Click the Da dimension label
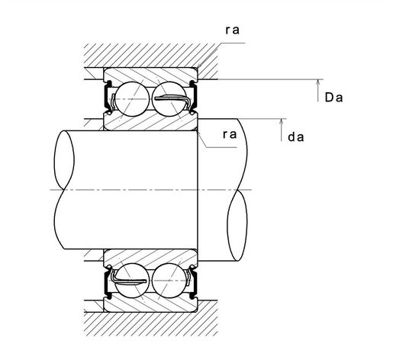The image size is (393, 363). pos(333,98)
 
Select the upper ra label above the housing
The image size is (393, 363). pos(233,30)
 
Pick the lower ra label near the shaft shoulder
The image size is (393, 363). pos(230,134)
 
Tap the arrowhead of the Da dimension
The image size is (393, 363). pos(317,82)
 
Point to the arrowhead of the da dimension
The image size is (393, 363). pos(281,121)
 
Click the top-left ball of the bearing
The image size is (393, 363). pos(132,99)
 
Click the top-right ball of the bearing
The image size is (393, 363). pos(169,99)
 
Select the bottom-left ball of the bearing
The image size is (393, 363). pos(132,281)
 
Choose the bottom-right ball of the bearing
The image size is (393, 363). pos(169,281)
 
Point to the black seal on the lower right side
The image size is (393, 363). pos(195,282)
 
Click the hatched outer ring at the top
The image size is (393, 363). pos(150,75)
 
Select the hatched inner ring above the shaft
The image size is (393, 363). pos(150,122)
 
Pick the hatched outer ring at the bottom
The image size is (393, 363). pos(150,304)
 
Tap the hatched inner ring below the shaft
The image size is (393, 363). pos(150,257)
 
